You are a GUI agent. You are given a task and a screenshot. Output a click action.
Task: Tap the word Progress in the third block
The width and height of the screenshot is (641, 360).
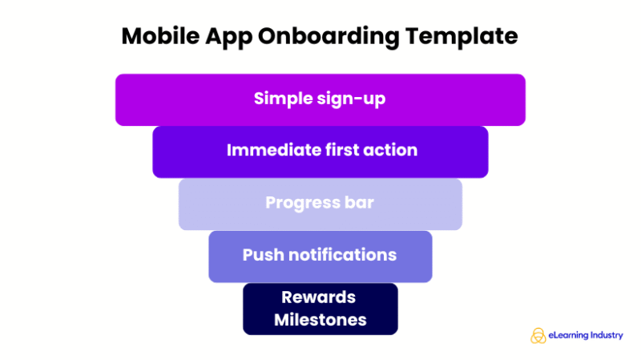pos(299,203)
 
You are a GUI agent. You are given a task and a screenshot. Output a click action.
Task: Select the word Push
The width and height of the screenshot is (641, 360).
pos(263,255)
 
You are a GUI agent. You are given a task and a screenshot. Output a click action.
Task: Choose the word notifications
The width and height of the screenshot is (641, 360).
pos(342,255)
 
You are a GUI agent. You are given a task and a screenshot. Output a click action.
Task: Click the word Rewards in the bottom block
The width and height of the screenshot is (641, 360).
pos(319,297)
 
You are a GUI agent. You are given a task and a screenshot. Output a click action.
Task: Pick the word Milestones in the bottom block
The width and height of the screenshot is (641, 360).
pos(320,320)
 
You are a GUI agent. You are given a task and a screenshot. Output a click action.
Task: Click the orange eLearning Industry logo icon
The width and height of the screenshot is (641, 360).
pos(538,335)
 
